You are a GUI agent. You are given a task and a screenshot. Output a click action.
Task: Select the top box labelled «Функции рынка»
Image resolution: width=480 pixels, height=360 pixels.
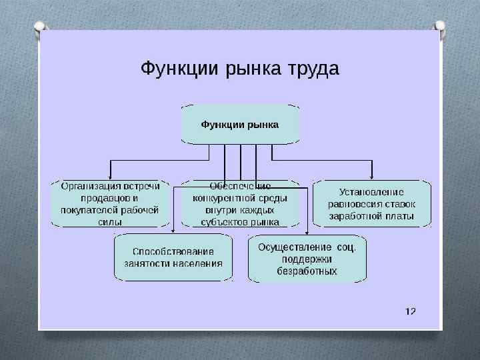(240, 125)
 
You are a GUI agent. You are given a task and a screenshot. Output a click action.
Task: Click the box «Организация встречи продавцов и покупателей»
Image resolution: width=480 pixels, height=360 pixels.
(110, 203)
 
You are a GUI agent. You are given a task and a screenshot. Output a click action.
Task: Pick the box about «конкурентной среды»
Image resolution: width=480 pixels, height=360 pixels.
(240, 203)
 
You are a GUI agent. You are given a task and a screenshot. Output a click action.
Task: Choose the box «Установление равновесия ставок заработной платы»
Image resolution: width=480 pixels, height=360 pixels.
(371, 203)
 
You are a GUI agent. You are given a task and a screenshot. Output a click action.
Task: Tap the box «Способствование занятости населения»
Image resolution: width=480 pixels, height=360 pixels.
(173, 257)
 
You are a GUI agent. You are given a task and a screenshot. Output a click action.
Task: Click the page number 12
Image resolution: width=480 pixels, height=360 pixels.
(410, 311)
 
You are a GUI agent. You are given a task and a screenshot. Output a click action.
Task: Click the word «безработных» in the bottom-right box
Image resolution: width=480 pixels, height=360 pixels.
(307, 271)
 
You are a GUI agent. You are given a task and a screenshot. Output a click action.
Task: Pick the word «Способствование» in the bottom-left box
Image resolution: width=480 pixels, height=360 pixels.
(173, 251)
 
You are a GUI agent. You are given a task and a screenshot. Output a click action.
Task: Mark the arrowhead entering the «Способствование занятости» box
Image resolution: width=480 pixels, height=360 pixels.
(173, 231)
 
